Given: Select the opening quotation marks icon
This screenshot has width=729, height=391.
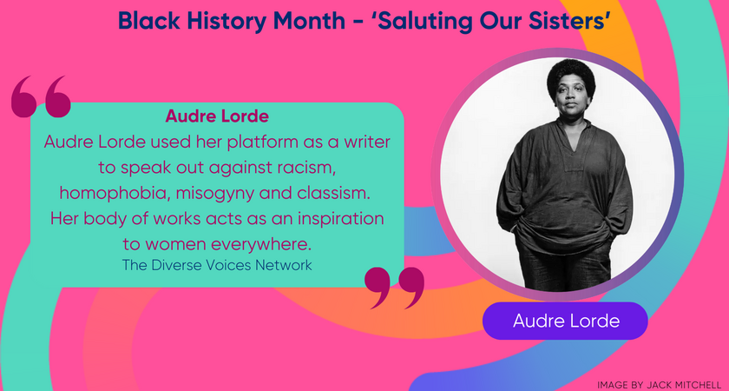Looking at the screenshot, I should [x=41, y=96].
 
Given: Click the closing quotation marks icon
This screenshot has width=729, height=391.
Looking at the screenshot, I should [x=395, y=288].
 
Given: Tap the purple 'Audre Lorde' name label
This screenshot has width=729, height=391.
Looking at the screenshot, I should [x=565, y=321].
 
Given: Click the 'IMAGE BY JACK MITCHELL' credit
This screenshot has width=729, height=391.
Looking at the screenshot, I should [x=659, y=383].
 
